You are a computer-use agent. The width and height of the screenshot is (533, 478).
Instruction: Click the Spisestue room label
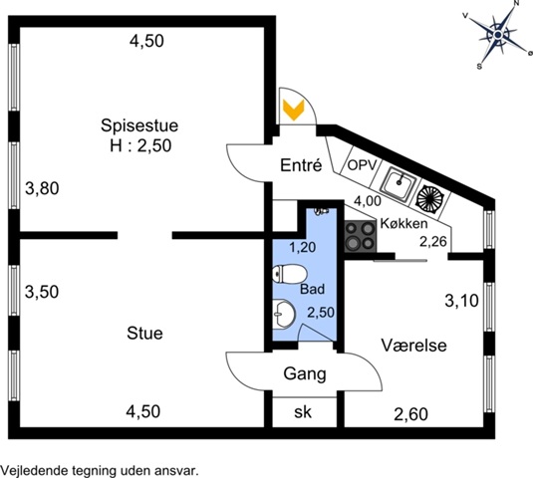pyautogui.click(x=139, y=125)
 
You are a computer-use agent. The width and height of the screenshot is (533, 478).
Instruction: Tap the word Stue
pyautogui.click(x=144, y=333)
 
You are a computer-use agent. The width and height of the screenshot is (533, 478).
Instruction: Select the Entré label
pyautogui.click(x=301, y=165)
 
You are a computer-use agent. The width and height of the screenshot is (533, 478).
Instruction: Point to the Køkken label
pyautogui.click(x=403, y=223)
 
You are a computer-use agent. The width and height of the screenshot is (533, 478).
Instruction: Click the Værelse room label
pyautogui.click(x=413, y=346)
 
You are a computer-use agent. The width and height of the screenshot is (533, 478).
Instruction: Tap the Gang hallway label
pyautogui.click(x=305, y=374)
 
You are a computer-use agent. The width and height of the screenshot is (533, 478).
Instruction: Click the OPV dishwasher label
pyautogui.click(x=363, y=165)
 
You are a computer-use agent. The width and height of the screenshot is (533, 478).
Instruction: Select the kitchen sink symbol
pyautogui.click(x=399, y=183)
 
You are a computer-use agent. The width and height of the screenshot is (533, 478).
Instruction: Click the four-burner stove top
pyautogui.click(x=361, y=236)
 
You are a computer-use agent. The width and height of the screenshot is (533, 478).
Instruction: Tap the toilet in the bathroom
pyautogui.click(x=290, y=274)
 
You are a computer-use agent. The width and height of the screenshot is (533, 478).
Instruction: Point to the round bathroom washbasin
pyautogui.click(x=284, y=314)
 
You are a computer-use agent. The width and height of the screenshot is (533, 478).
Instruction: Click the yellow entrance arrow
pyautogui.click(x=294, y=110)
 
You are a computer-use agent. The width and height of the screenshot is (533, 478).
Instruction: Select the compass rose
pyautogui.click(x=498, y=35)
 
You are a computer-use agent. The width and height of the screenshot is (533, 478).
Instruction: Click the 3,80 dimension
pyautogui.click(x=42, y=188)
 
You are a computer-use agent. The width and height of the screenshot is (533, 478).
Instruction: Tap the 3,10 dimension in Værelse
pyautogui.click(x=462, y=301)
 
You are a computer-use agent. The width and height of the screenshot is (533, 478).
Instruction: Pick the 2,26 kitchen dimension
pyautogui.click(x=433, y=242)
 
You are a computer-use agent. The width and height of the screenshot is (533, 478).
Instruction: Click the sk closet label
pyautogui.click(x=303, y=412)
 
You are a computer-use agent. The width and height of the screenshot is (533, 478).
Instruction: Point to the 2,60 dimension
pyautogui.click(x=410, y=414)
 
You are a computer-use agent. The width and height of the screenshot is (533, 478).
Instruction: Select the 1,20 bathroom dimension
pyautogui.click(x=303, y=247)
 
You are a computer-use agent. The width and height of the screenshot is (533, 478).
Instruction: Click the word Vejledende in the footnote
pyautogui.click(x=35, y=471)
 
